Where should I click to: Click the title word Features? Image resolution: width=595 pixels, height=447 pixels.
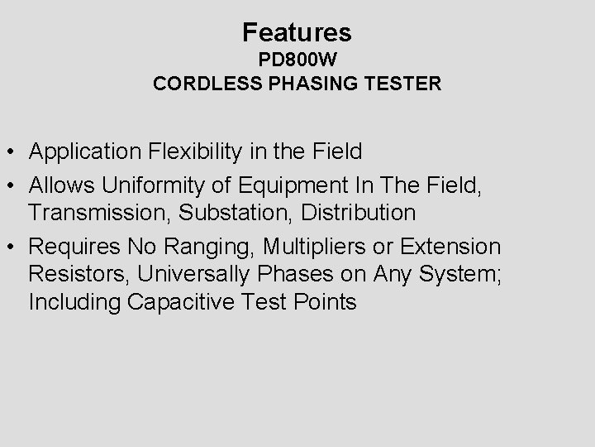point(297,32)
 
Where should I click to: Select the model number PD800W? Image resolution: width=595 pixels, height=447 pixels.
point(297,61)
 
